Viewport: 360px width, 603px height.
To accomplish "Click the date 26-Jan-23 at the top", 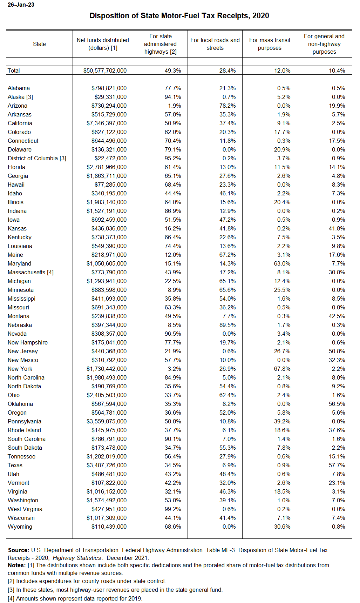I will [x=21, y=5].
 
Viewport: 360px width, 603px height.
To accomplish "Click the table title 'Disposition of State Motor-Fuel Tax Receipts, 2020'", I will [x=179, y=16].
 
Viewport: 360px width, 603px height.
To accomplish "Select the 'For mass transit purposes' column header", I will [x=270, y=44].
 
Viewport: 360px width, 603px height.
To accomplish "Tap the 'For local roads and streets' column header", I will [x=215, y=44].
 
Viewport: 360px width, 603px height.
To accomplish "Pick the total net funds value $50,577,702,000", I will [x=105, y=71].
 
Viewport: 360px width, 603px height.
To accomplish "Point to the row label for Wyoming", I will [x=20, y=527].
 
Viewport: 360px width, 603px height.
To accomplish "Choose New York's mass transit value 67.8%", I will [x=282, y=369].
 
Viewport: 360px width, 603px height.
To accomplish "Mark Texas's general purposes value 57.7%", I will [x=337, y=465].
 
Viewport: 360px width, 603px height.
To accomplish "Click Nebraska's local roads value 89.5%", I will [x=227, y=325].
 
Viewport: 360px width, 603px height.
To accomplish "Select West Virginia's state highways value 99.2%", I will [x=173, y=509].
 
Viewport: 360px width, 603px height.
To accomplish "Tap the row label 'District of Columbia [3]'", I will [x=37, y=158].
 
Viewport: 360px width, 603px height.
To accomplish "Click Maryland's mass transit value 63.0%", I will [x=282, y=263].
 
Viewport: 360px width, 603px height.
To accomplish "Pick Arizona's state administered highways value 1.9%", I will [x=175, y=106].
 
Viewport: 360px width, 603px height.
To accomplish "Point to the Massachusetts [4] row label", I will [x=30, y=272].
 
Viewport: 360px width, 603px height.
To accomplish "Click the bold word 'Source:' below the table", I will [x=19, y=550].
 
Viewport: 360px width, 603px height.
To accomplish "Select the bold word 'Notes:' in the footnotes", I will [x=16, y=565].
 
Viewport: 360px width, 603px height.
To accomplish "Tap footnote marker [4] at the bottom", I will [x=11, y=598].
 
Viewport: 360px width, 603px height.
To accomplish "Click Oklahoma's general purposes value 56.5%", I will [x=337, y=404].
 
